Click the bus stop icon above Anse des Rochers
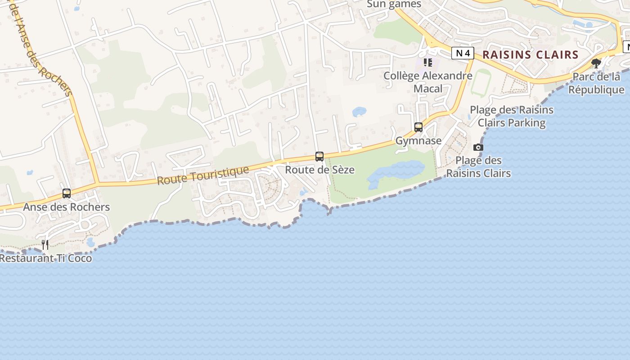point(67,193)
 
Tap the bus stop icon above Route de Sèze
point(319,157)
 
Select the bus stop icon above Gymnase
point(418,127)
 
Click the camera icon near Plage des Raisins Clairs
point(478,147)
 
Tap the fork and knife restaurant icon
point(45,245)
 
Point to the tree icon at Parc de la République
point(596,63)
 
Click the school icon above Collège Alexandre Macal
point(427,63)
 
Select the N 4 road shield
point(463,54)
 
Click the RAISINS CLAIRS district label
point(530,55)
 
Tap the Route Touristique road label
point(203,175)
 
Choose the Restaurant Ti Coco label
point(46,258)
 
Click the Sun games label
point(394,4)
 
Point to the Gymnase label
point(418,141)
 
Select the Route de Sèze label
point(319,170)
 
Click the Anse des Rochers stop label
point(67,207)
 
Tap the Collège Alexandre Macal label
point(428,82)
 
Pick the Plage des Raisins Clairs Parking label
point(512,116)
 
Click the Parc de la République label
point(596,83)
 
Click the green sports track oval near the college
point(481,82)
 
